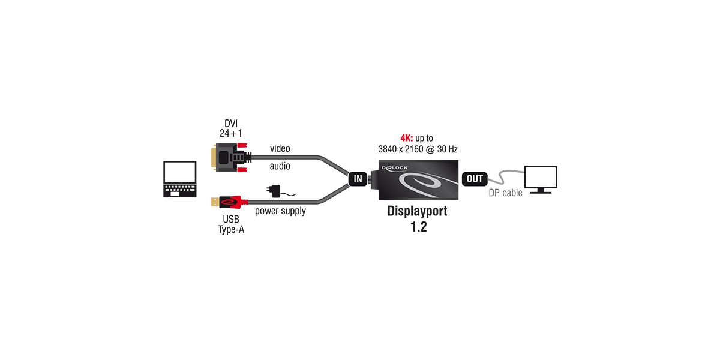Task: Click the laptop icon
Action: (x=180, y=179)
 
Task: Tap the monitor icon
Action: (x=541, y=179)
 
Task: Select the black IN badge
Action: (x=358, y=178)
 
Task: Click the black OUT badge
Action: (x=474, y=178)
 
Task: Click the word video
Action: (x=280, y=148)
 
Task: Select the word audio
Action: (x=280, y=166)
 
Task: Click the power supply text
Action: (x=280, y=211)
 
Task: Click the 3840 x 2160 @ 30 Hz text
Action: (x=418, y=149)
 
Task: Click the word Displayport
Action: (x=418, y=211)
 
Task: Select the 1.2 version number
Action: (x=418, y=227)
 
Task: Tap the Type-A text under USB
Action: (x=231, y=229)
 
